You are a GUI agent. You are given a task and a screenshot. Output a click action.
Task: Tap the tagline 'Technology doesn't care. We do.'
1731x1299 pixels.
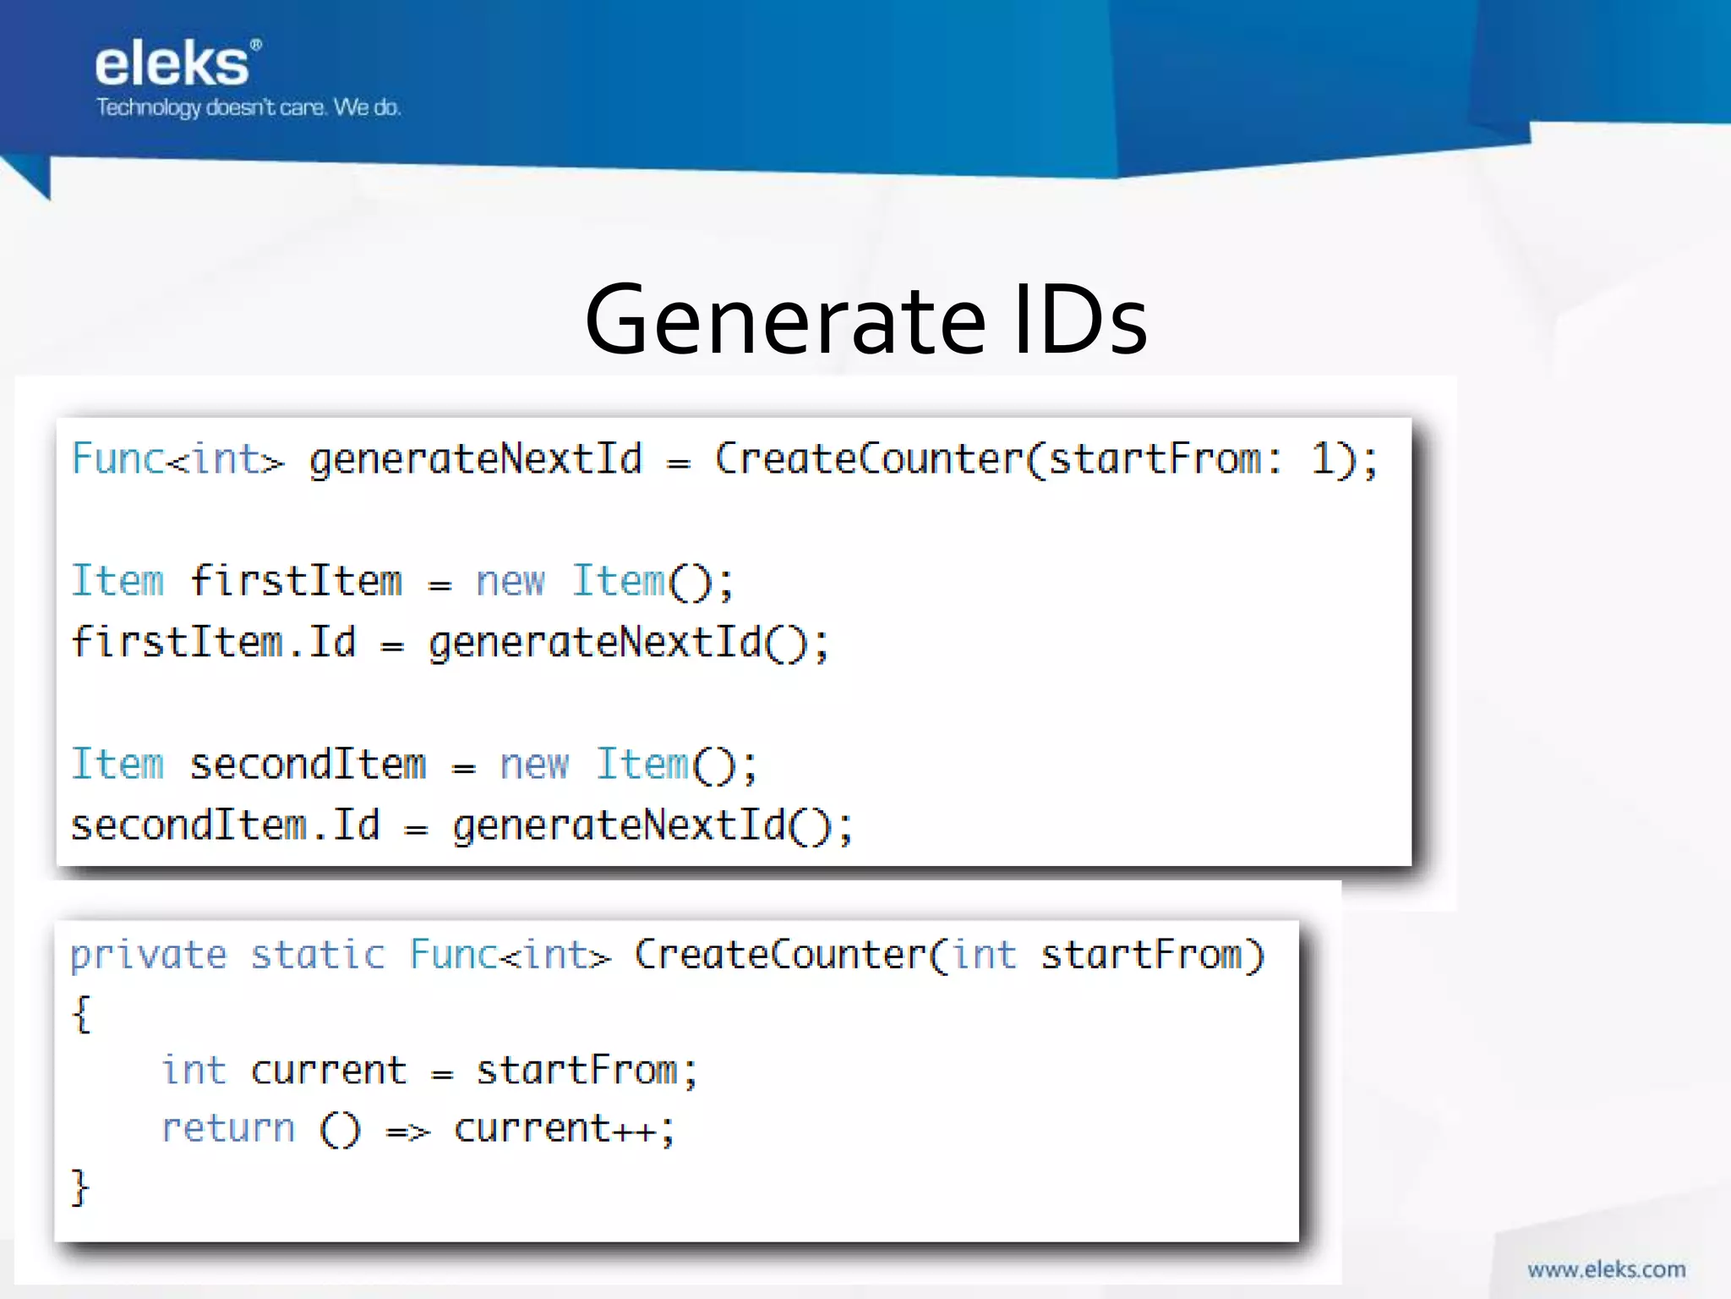(248, 107)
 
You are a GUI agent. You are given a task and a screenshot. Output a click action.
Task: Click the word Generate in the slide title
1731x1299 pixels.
(784, 321)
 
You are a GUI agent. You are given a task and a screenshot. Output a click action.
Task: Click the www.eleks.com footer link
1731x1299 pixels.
(1606, 1269)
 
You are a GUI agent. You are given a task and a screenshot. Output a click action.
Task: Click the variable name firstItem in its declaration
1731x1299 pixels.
(296, 581)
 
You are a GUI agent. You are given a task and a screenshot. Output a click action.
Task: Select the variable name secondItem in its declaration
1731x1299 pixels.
(308, 765)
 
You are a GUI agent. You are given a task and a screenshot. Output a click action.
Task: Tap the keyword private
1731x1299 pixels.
(148, 956)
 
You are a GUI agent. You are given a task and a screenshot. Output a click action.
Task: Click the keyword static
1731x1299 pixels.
(318, 956)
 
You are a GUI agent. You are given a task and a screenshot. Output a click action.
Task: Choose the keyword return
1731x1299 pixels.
(228, 1129)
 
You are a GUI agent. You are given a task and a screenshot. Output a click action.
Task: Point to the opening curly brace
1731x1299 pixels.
(81, 1013)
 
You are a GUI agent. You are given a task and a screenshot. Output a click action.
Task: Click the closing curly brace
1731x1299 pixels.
(79, 1187)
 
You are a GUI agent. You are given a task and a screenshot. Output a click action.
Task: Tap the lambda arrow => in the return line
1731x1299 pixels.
(408, 1131)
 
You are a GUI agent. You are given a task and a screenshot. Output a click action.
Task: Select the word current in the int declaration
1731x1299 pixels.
(329, 1072)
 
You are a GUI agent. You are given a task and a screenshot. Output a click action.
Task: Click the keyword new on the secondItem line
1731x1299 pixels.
(534, 765)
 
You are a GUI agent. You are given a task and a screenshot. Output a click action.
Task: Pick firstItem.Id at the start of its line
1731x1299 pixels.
(214, 642)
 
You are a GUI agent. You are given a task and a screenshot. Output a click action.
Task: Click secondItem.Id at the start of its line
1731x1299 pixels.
(226, 825)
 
